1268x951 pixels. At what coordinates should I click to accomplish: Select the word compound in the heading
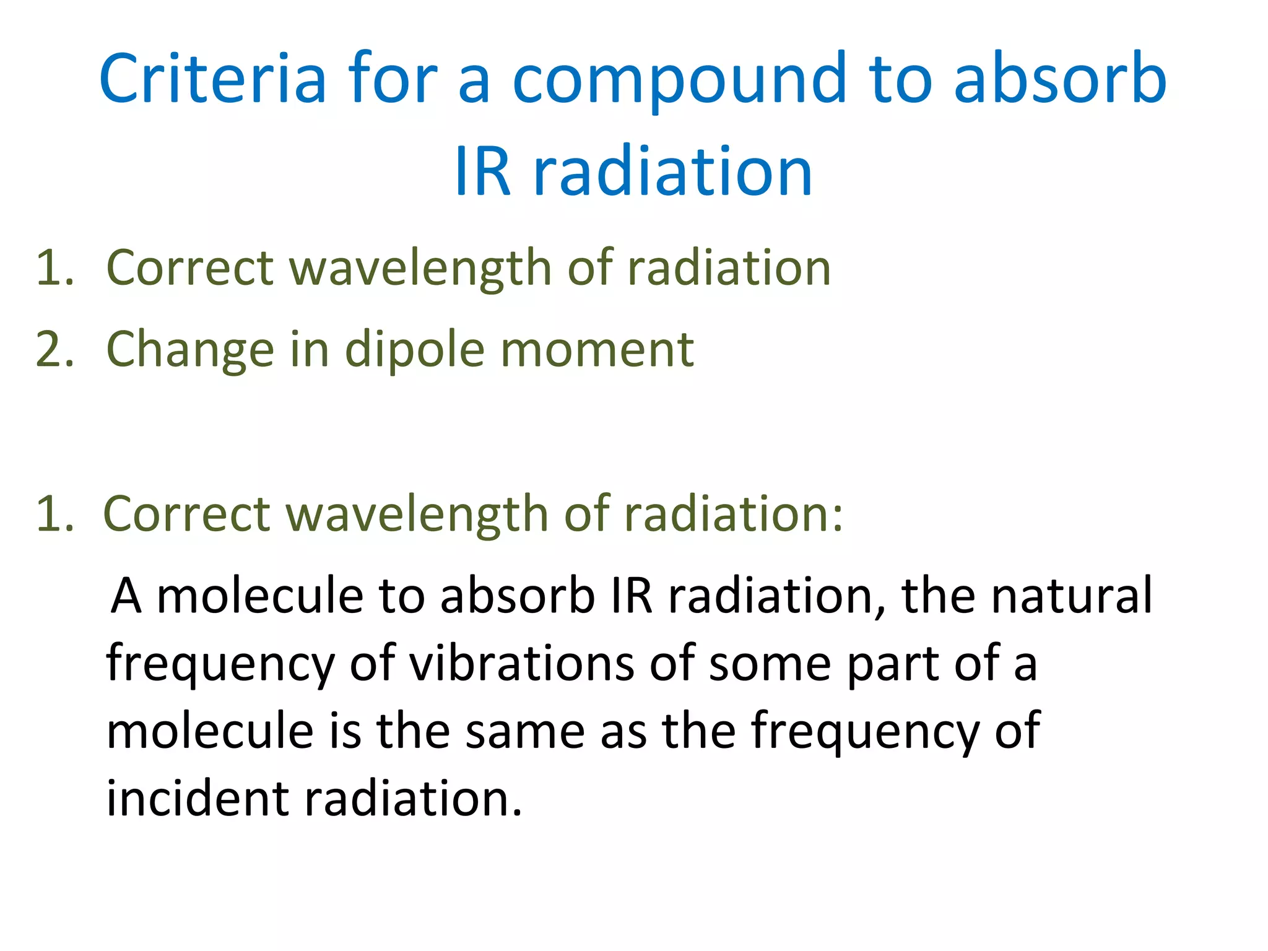(679, 79)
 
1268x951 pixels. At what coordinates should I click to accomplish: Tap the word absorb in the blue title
(1060, 79)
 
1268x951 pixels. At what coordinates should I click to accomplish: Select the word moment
(597, 349)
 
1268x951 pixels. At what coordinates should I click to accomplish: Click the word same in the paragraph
(525, 731)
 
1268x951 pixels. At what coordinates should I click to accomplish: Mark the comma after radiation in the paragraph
(880, 610)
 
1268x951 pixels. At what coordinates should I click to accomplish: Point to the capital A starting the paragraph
(126, 596)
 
